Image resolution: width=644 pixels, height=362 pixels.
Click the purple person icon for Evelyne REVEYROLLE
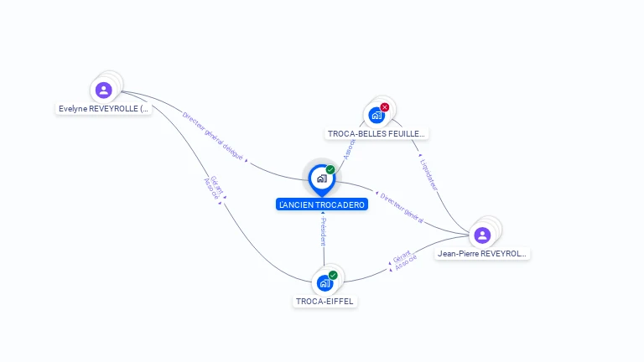103,90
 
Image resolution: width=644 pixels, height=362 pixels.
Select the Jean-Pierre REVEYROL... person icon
482,235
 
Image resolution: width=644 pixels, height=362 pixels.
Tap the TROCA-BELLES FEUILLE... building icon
377,116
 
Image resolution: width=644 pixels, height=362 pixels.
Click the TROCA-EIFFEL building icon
325,283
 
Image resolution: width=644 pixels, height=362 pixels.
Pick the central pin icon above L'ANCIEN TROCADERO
321,178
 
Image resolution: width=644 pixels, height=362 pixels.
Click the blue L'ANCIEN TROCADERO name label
322,204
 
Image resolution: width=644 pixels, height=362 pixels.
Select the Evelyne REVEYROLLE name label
104,109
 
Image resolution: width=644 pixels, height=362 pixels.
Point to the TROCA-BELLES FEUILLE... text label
377,133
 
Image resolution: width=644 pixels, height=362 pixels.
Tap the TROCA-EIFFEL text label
325,302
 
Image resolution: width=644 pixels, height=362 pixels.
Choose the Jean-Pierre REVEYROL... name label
483,253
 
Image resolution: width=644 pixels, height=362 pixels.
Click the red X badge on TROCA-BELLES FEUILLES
385,107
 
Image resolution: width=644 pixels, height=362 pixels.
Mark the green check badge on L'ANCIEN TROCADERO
330,170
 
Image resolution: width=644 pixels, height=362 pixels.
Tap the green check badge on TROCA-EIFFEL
333,275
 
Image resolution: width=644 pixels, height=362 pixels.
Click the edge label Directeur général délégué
213,135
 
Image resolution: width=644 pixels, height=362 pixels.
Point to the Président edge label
324,231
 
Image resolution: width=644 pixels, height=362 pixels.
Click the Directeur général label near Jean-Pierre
402,208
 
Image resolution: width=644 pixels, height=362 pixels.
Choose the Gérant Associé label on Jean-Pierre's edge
402,261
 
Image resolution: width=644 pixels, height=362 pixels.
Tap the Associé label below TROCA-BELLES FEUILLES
350,150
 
